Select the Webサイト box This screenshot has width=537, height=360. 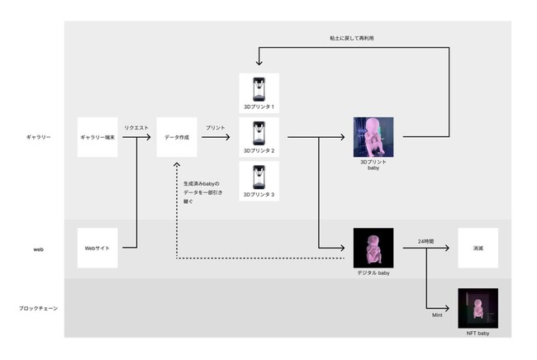(97, 248)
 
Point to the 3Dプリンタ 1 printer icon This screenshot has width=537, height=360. (259, 89)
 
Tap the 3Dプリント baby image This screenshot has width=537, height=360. (373, 136)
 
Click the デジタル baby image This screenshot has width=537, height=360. (373, 248)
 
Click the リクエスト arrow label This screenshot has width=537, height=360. (136, 127)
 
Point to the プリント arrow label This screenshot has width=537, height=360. (216, 127)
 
